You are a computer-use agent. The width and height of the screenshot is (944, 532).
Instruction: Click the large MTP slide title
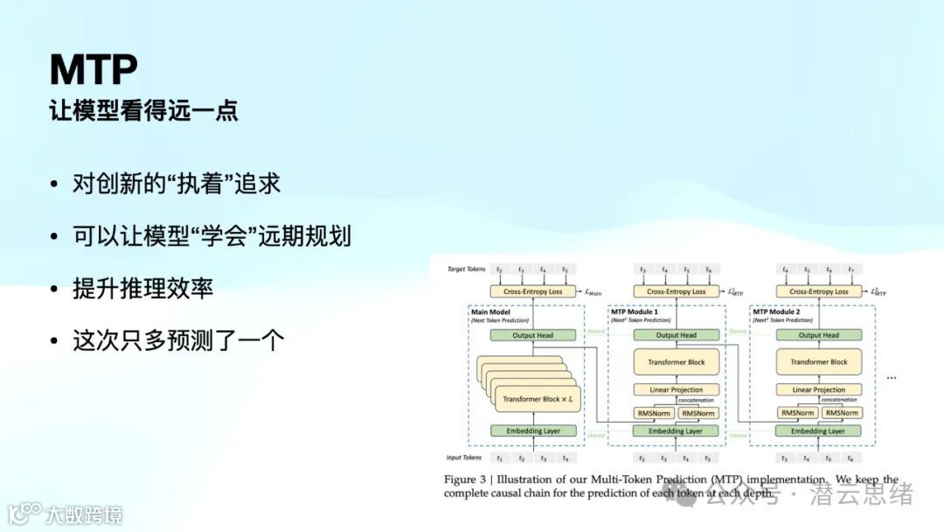pyautogui.click(x=94, y=68)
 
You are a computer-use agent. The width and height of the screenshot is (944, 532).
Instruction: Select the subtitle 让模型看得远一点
pyautogui.click(x=144, y=111)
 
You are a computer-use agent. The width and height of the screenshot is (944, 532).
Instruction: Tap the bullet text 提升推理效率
pyautogui.click(x=143, y=289)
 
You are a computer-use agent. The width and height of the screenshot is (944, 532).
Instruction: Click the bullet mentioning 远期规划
pyautogui.click(x=212, y=236)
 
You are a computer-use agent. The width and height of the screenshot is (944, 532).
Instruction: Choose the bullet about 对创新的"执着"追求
pyautogui.click(x=177, y=185)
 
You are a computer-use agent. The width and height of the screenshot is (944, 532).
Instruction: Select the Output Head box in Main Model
pyautogui.click(x=533, y=335)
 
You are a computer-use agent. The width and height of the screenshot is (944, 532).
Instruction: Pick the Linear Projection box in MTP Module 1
pyautogui.click(x=676, y=389)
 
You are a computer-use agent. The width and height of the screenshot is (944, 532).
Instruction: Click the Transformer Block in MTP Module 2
pyautogui.click(x=819, y=361)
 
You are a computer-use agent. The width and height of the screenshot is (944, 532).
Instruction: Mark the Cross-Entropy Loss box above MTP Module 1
pyautogui.click(x=676, y=291)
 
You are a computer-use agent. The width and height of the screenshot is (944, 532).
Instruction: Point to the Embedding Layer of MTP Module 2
pyautogui.click(x=818, y=430)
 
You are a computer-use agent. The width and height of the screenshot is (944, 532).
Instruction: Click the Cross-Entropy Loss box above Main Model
pyautogui.click(x=533, y=291)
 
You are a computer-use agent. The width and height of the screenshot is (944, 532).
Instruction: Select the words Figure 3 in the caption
pyautogui.click(x=469, y=479)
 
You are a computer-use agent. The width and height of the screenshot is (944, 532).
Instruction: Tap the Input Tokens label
pyautogui.click(x=463, y=458)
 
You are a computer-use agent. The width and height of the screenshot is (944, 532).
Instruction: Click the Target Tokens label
pyautogui.click(x=466, y=269)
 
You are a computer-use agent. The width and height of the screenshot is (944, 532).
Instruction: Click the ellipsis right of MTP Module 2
pyautogui.click(x=891, y=376)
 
